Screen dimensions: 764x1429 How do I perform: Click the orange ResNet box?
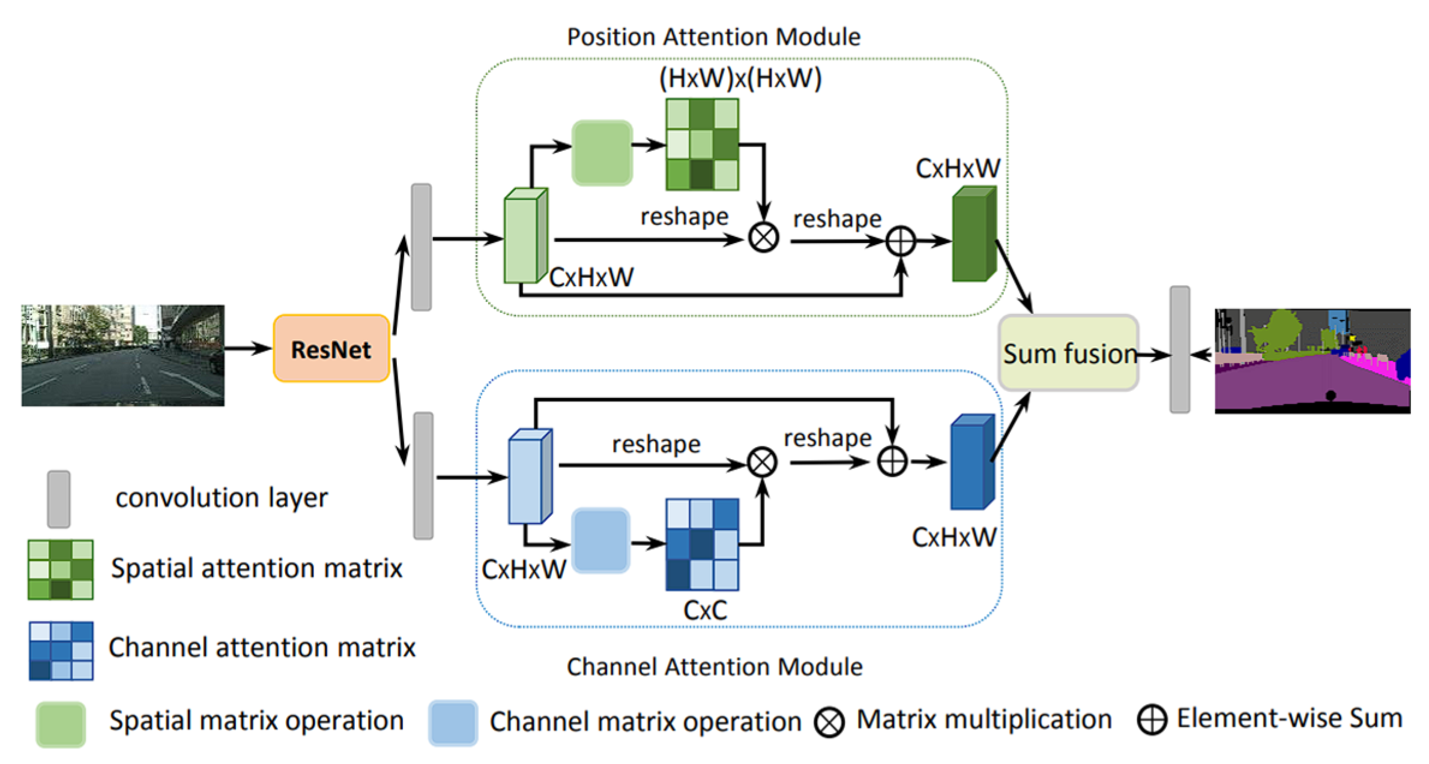click(331, 349)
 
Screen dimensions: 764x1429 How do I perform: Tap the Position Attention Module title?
click(713, 37)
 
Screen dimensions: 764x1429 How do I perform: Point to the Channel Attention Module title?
click(714, 667)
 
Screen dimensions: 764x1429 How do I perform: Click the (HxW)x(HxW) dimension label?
click(740, 79)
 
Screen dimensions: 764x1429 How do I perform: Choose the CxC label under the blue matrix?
click(705, 610)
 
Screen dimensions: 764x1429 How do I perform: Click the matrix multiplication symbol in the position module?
click(764, 238)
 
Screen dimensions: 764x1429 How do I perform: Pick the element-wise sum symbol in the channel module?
click(892, 462)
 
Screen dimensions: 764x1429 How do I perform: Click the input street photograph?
click(123, 355)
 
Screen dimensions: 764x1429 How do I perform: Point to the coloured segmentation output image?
click(1313, 361)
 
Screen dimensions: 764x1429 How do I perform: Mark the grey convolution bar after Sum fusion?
click(1180, 349)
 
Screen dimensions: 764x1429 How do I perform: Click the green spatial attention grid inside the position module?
click(702, 145)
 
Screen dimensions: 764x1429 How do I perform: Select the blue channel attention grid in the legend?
click(61, 651)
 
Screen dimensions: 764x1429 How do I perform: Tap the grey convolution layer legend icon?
click(59, 499)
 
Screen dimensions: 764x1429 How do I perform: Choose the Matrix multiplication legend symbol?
click(830, 722)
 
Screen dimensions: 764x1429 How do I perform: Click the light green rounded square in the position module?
click(602, 153)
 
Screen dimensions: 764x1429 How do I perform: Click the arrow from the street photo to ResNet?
click(248, 348)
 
